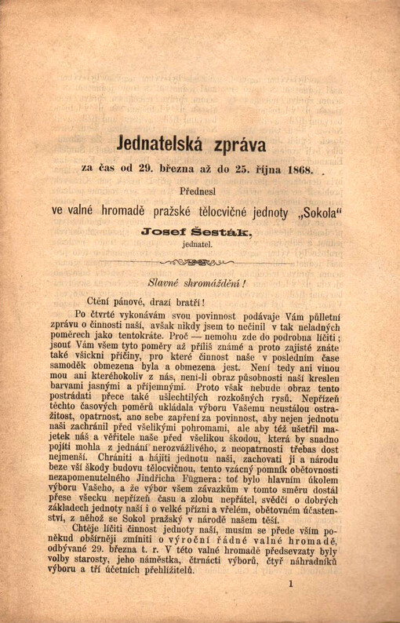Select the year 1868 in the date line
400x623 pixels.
point(300,168)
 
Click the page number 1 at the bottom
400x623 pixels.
point(290,605)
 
